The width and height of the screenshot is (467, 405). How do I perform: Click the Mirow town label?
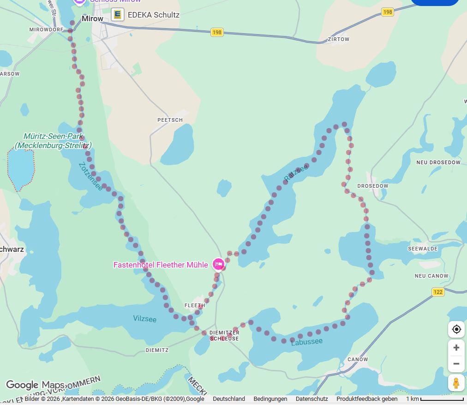pos(92,19)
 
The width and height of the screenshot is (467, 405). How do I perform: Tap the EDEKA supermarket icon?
pos(118,15)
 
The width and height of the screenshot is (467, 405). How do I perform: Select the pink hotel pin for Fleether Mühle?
pos(218,264)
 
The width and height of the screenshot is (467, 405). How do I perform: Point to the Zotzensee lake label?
pos(90,176)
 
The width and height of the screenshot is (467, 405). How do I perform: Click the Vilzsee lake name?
pos(144,319)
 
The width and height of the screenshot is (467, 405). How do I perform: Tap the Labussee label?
pos(307,342)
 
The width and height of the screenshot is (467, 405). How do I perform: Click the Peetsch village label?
pos(170,120)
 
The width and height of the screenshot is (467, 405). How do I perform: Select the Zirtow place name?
pos(338,40)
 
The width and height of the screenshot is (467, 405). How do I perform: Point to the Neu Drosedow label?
pos(438,162)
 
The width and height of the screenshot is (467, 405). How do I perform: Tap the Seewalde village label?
pos(422,249)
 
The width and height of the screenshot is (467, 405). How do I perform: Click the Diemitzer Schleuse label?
pos(224,335)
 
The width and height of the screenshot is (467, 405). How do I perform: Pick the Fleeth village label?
pos(194,305)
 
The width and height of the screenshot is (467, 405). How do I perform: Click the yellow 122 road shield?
pos(438,292)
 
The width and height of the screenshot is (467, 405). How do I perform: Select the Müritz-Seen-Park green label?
pos(53,141)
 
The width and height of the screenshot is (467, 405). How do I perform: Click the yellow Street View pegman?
pos(456,383)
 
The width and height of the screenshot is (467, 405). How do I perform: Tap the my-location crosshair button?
pos(456,329)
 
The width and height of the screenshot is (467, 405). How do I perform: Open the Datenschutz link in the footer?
pos(311,399)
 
